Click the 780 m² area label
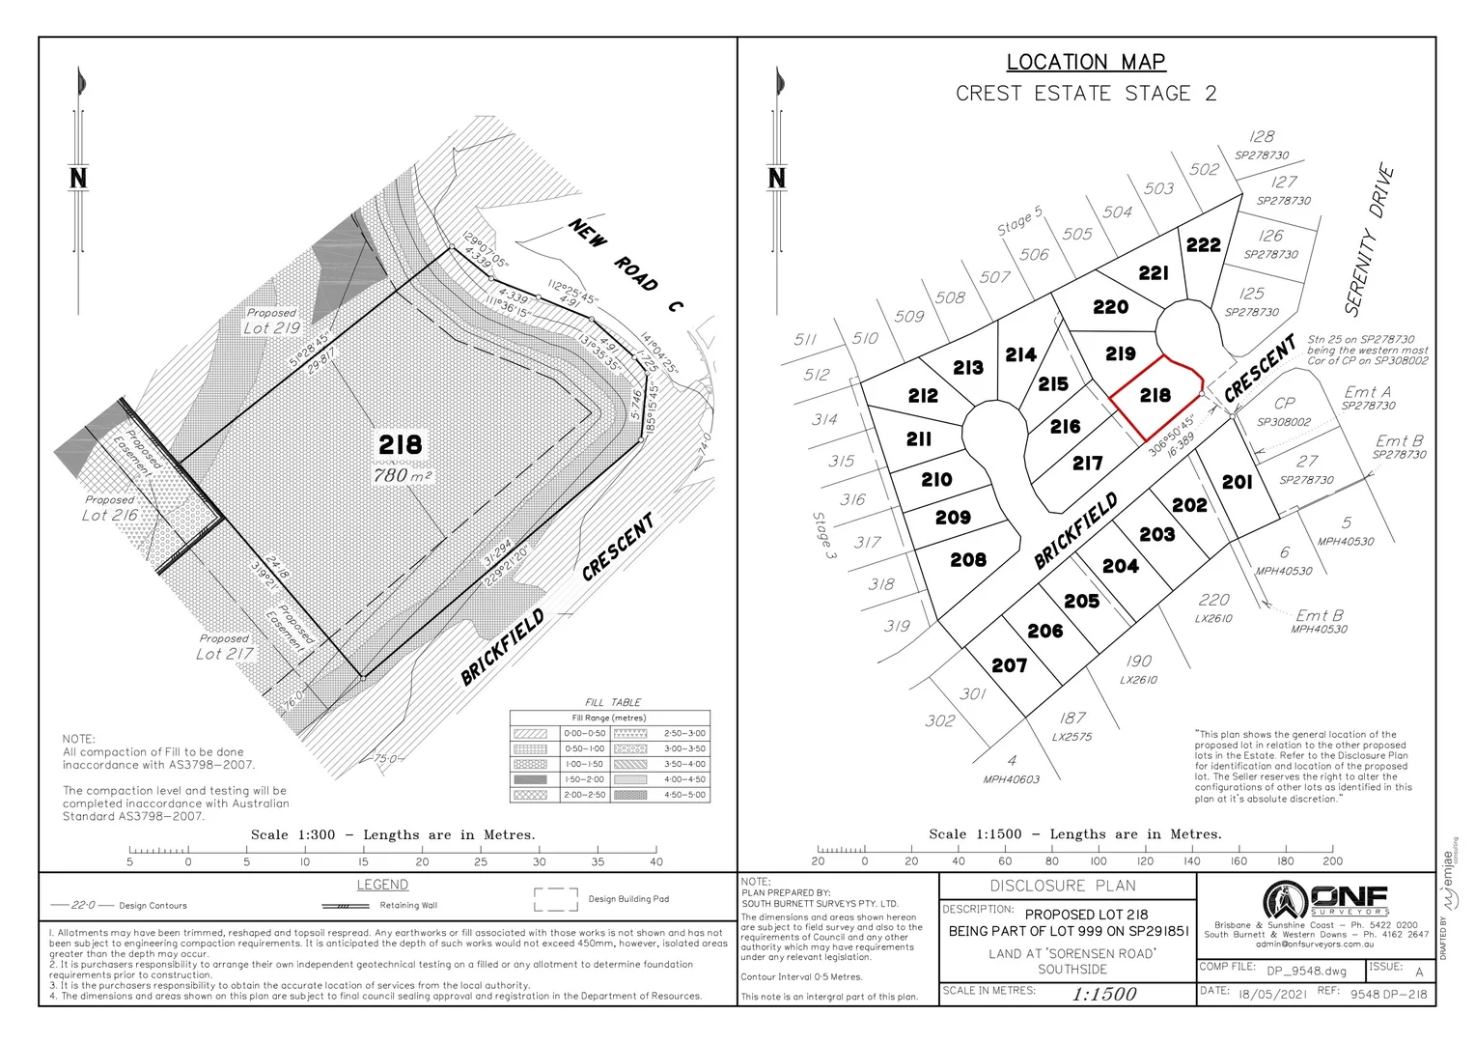(402, 475)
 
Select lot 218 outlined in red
(1155, 396)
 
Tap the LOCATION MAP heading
(1086, 62)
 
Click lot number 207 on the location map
(1009, 665)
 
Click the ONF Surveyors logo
(1326, 900)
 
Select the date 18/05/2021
(1272, 994)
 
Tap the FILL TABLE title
(612, 702)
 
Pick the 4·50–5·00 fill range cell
(684, 795)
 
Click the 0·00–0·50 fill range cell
(584, 733)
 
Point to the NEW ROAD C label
(626, 266)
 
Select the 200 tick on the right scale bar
(1332, 860)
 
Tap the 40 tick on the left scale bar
(656, 861)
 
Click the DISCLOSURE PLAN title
(1062, 886)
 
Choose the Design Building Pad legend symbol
(555, 900)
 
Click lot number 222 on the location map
(1203, 245)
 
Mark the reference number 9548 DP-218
(1387, 994)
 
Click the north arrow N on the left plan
(78, 178)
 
